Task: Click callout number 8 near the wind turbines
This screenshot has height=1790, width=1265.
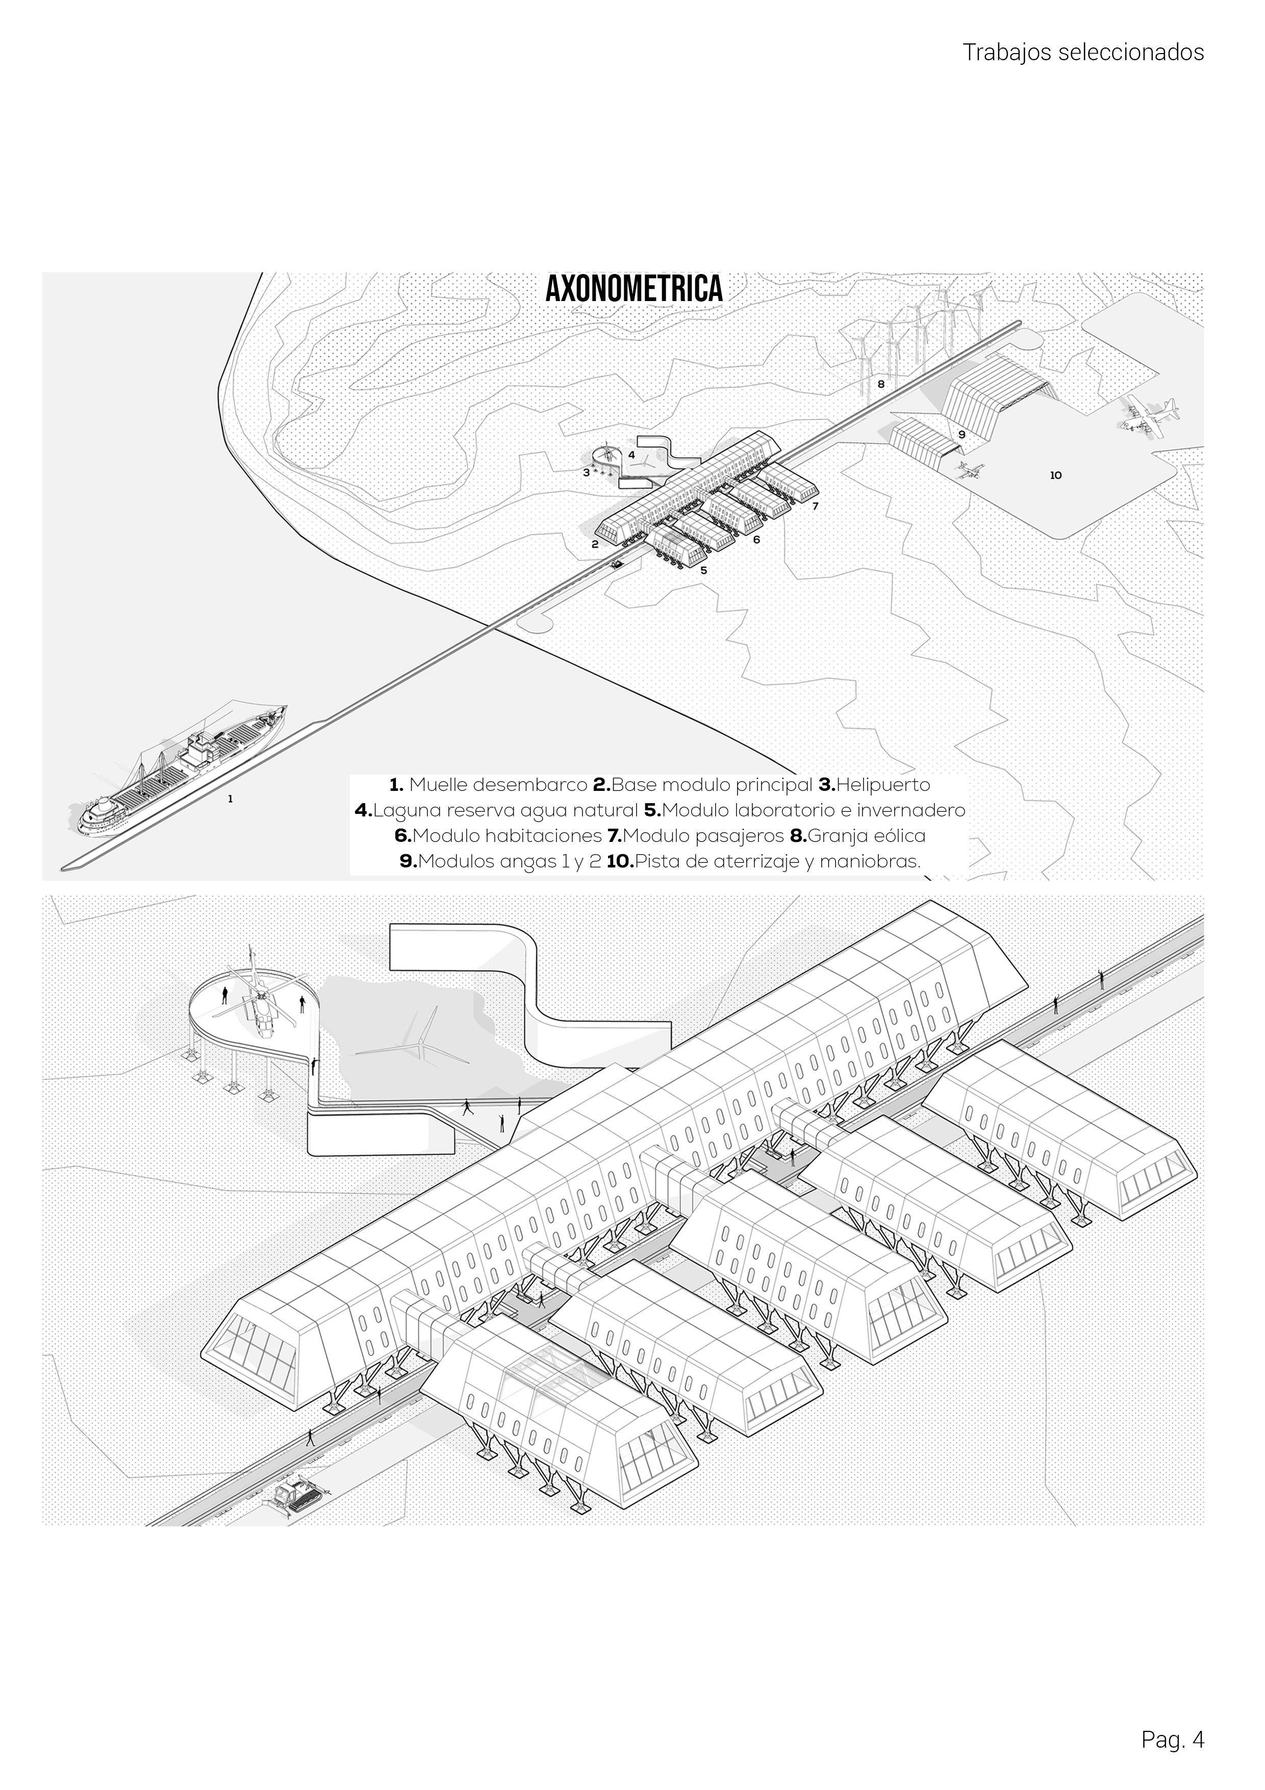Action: (881, 384)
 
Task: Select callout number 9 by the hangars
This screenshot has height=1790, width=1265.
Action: (962, 434)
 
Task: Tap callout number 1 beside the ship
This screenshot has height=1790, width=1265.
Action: (230, 799)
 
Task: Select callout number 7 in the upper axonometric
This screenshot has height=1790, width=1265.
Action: (815, 506)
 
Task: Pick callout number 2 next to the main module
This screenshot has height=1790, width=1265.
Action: (595, 544)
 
